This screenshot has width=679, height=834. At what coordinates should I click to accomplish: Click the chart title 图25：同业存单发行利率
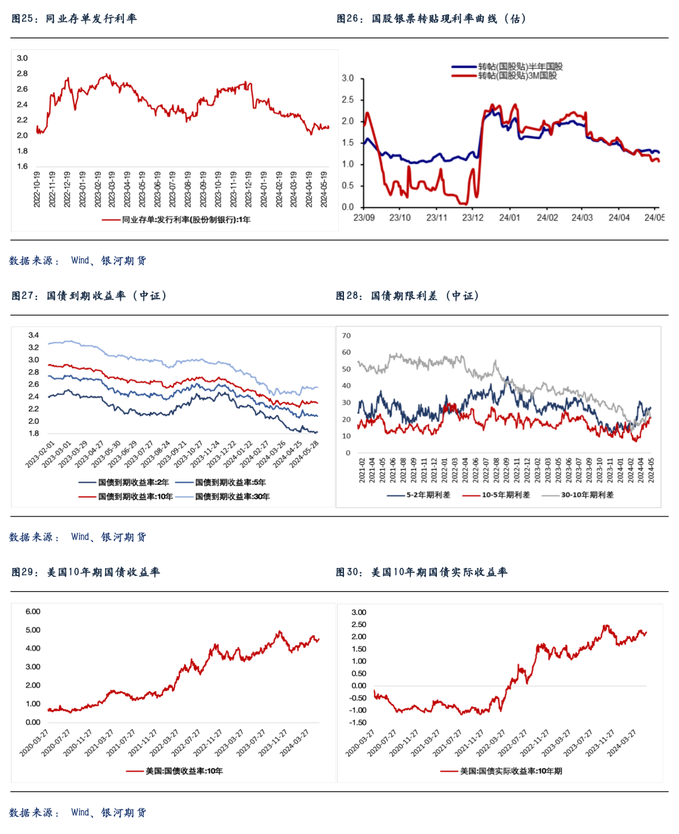click(74, 19)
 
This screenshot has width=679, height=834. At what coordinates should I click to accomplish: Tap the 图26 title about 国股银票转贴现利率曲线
click(431, 19)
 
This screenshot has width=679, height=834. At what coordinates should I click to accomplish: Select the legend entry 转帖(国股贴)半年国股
click(520, 67)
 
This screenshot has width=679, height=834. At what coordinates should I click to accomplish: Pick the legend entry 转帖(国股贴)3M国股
click(517, 75)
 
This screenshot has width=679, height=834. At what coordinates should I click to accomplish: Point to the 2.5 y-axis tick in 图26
click(348, 100)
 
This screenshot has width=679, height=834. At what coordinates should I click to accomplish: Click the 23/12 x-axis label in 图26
click(473, 218)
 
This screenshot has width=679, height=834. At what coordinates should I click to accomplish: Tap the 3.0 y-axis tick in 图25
click(22, 58)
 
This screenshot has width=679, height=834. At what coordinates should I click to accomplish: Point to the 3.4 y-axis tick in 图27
click(33, 335)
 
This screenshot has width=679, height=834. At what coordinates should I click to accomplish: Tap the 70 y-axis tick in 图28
click(346, 335)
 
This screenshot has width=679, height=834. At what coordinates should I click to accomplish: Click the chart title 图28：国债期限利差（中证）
click(407, 296)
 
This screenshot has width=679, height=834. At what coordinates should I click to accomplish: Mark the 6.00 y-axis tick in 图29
click(33, 611)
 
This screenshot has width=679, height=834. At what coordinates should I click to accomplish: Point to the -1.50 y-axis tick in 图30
click(358, 722)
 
